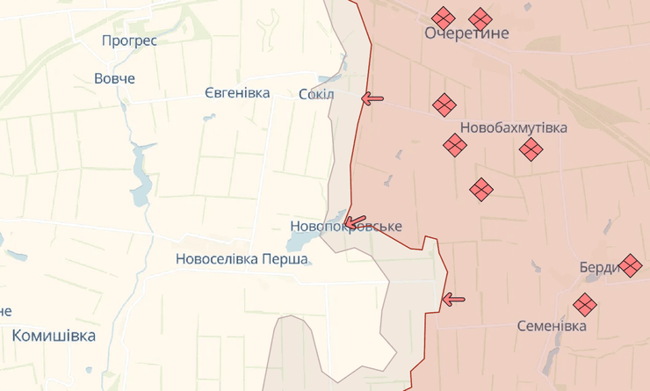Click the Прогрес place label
[129, 40]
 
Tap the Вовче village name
[115, 78]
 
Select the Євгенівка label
[237, 93]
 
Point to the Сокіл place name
[316, 94]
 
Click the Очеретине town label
[466, 33]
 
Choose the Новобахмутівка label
[514, 127]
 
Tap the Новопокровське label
[346, 227]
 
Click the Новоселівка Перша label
[242, 259]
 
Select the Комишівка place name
[54, 335]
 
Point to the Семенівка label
[552, 326]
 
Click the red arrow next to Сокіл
[372, 98]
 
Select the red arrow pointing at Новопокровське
[355, 221]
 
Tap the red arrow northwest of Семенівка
[453, 300]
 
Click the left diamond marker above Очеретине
[444, 18]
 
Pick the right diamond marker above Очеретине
[480, 18]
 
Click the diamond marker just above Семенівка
[585, 305]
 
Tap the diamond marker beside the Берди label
[631, 264]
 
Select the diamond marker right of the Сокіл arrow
[444, 105]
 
